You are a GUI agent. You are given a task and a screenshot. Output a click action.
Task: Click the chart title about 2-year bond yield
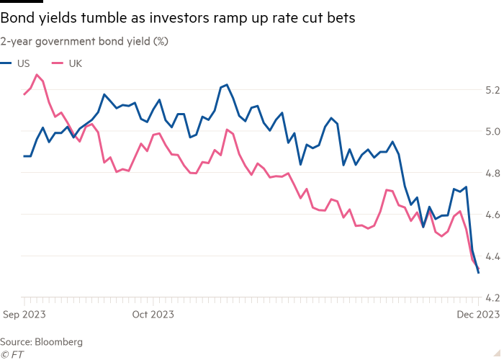pyautogui.click(x=84, y=42)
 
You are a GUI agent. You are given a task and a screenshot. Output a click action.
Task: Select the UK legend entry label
pyautogui.click(x=76, y=63)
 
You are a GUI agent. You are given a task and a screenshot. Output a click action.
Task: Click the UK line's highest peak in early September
pyautogui.click(x=37, y=74)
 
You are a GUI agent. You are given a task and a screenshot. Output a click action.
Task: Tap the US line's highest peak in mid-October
pyautogui.click(x=227, y=85)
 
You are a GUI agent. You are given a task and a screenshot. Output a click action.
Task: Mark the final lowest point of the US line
pyautogui.click(x=479, y=273)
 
